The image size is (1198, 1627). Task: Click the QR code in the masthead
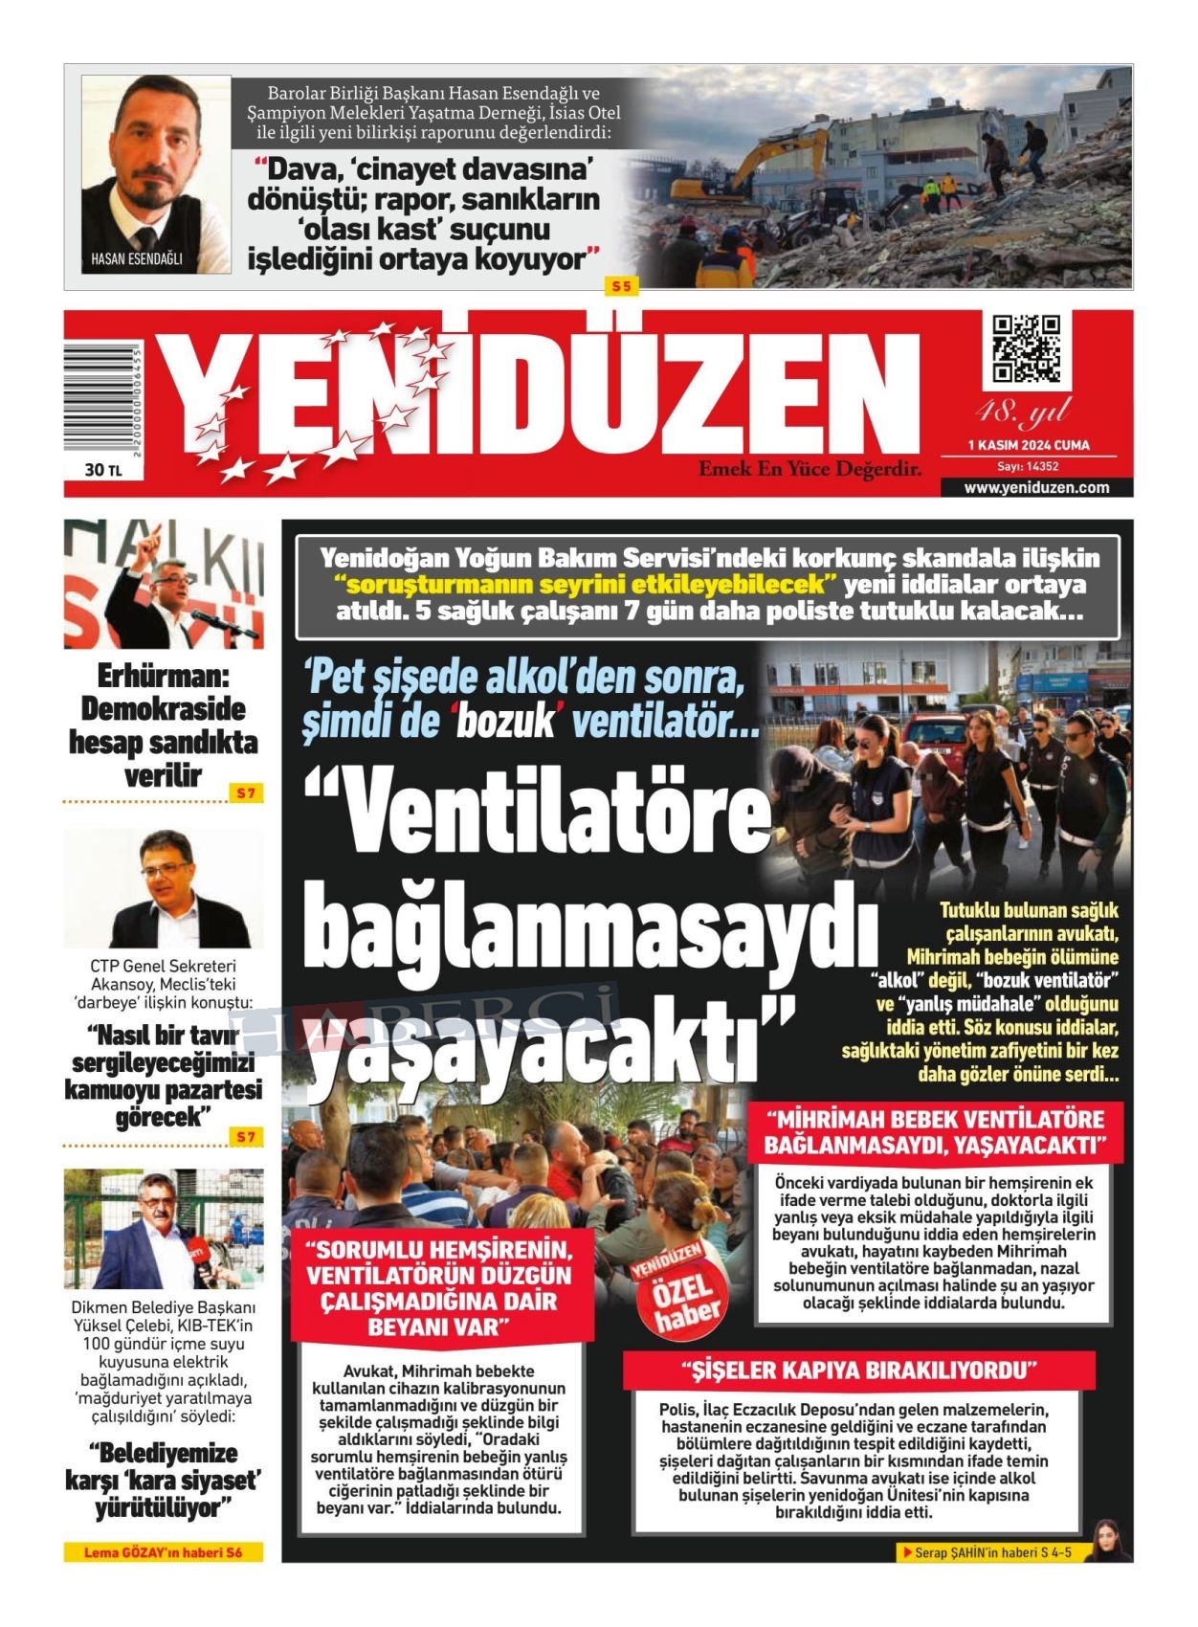(x=1026, y=348)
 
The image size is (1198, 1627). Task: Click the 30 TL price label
(x=103, y=470)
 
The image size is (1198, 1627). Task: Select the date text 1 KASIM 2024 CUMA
(x=1029, y=445)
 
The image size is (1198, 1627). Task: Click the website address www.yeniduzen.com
(x=1036, y=487)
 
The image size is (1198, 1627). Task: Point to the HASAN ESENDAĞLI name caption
(x=136, y=258)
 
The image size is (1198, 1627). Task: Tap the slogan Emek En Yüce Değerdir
(x=810, y=469)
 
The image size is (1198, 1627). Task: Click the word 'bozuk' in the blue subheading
(x=504, y=721)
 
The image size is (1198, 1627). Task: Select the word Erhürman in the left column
(x=164, y=677)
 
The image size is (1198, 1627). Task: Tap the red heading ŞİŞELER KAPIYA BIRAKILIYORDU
(x=858, y=1371)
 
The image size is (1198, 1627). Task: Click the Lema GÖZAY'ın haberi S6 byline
(x=163, y=1552)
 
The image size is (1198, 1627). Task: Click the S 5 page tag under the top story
(x=622, y=286)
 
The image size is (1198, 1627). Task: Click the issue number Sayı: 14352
(x=1028, y=466)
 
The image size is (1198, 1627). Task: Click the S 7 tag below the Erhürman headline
(x=246, y=793)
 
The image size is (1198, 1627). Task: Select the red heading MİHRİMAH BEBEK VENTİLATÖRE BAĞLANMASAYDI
(x=934, y=1131)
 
